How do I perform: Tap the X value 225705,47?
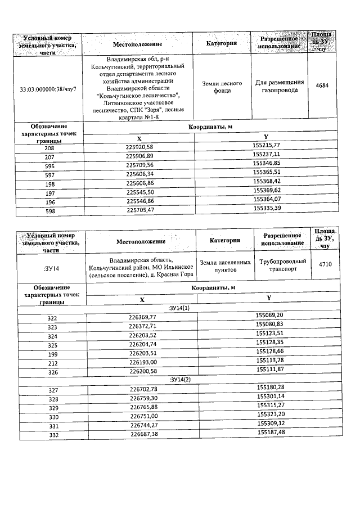(139, 209)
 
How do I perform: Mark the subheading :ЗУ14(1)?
(179, 308)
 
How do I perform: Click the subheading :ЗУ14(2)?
(180, 380)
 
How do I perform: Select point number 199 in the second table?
(52, 353)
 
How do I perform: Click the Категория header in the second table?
(225, 240)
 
